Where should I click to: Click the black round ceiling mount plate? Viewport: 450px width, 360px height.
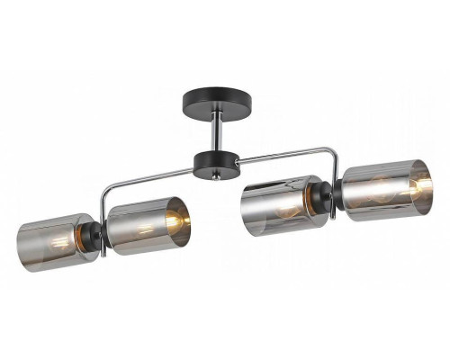(215, 96)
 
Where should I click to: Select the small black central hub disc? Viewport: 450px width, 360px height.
(216, 163)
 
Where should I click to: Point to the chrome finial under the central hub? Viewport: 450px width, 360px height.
(215, 179)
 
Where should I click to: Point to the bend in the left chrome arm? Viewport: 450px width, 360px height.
(105, 189)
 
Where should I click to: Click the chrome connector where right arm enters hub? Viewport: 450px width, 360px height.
(238, 161)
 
